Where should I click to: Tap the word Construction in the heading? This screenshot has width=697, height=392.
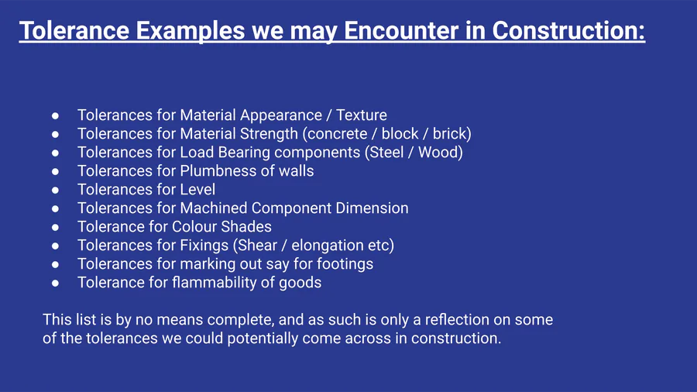(565, 30)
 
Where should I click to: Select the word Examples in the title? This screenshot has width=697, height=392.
(191, 31)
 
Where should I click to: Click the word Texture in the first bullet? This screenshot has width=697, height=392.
(362, 115)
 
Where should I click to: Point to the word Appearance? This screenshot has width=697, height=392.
(281, 115)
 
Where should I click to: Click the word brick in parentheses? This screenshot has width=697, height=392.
(449, 134)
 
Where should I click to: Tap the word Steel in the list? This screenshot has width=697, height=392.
(386, 153)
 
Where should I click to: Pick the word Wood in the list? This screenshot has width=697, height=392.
(438, 153)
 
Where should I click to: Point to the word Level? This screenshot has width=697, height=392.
(197, 190)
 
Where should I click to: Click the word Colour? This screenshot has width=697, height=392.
(194, 227)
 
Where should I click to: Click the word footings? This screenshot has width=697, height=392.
(345, 265)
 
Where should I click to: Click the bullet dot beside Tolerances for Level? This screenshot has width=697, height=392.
(55, 191)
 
